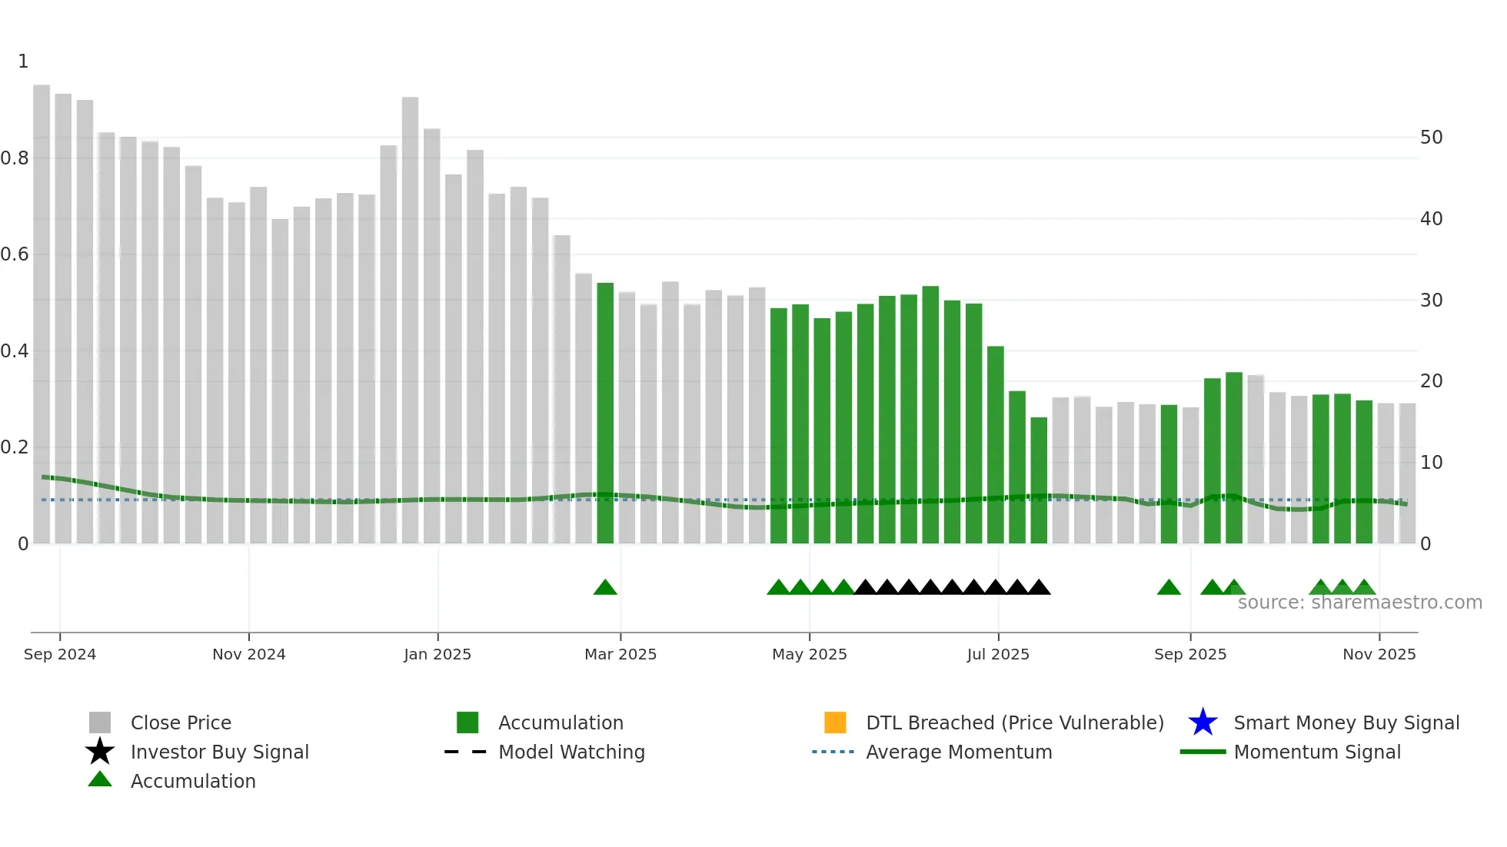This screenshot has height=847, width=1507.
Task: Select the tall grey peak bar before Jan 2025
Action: pos(410,323)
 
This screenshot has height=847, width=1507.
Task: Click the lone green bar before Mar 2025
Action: pos(605,415)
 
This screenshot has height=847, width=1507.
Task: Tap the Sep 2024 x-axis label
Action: pos(60,654)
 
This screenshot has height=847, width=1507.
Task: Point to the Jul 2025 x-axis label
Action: pos(998,654)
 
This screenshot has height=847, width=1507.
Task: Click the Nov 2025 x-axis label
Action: pos(1379,654)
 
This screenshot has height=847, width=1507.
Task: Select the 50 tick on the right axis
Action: pos(1431,138)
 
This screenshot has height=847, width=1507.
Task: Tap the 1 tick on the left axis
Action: pos(23,61)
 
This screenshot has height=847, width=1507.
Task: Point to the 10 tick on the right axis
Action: pos(1431,463)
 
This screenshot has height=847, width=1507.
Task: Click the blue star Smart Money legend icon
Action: pos(1203,722)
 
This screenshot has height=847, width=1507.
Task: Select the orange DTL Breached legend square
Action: pos(835,722)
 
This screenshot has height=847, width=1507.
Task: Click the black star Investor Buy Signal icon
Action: pos(100,752)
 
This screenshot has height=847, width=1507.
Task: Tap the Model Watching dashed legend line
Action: pos(466,752)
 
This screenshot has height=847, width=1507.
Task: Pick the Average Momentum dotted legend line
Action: pos(833,752)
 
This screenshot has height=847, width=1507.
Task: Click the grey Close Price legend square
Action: pos(100,722)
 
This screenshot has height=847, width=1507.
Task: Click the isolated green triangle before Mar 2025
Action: pos(605,588)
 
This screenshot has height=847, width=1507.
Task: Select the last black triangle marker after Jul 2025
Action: pos(1039,588)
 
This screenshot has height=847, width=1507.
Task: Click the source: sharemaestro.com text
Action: pos(1359,603)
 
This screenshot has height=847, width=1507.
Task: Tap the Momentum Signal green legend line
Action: pos(1203,752)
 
